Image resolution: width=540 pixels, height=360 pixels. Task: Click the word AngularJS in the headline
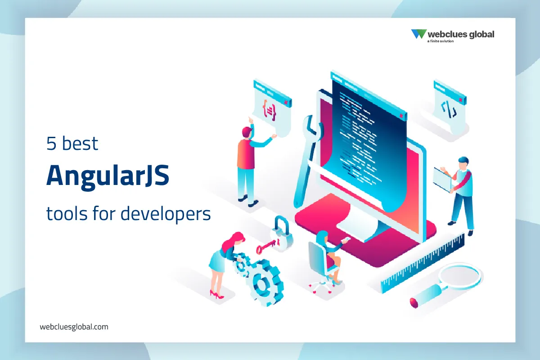(108, 176)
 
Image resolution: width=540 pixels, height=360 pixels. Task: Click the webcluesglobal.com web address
(74, 327)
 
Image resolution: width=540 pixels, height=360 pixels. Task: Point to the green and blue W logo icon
(418, 34)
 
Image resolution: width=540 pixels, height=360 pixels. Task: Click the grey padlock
(282, 230)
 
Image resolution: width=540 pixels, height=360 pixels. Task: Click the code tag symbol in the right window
(449, 108)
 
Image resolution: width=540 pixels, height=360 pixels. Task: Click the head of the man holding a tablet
(463, 163)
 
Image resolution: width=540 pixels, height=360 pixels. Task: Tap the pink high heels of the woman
(216, 295)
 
